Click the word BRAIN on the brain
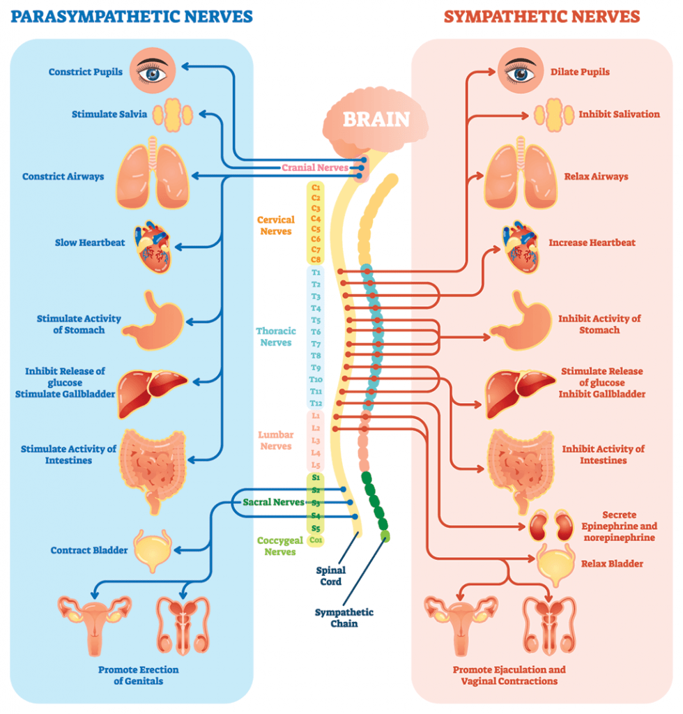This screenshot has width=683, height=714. [x=376, y=119]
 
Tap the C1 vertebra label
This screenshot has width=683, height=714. [x=316, y=187]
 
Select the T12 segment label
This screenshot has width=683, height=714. [x=316, y=403]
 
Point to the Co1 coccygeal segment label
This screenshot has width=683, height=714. [x=316, y=540]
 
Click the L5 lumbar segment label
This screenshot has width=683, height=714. [x=316, y=465]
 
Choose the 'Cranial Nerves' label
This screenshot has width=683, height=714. [x=315, y=167]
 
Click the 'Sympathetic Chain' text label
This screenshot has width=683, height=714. [x=344, y=618]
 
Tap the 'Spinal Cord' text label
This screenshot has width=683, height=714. [x=331, y=575]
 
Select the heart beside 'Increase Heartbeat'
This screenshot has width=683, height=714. [x=521, y=247]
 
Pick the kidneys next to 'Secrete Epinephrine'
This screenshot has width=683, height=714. [x=551, y=526]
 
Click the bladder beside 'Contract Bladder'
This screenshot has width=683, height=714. [x=153, y=550]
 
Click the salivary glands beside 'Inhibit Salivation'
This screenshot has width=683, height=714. [x=554, y=115]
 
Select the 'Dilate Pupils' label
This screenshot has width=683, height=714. [x=580, y=72]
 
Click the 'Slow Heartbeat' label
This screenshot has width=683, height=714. [x=90, y=243]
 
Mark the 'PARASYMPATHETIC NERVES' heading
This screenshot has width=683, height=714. [x=132, y=17]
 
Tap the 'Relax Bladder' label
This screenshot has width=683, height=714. [x=612, y=563]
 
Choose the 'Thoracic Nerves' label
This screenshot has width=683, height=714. [x=276, y=337]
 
